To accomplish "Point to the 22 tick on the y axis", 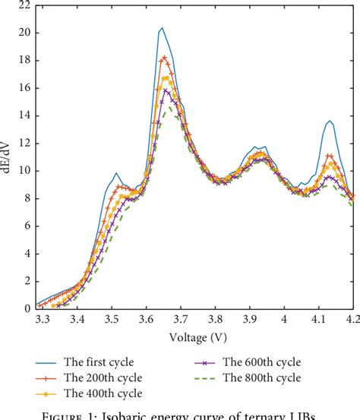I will pos(24,5).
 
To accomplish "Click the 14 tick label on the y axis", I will pos(24,116).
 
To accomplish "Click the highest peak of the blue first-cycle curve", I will pos(162,28).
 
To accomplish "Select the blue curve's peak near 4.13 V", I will pos(330,121).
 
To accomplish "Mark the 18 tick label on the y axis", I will pos(24,61).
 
